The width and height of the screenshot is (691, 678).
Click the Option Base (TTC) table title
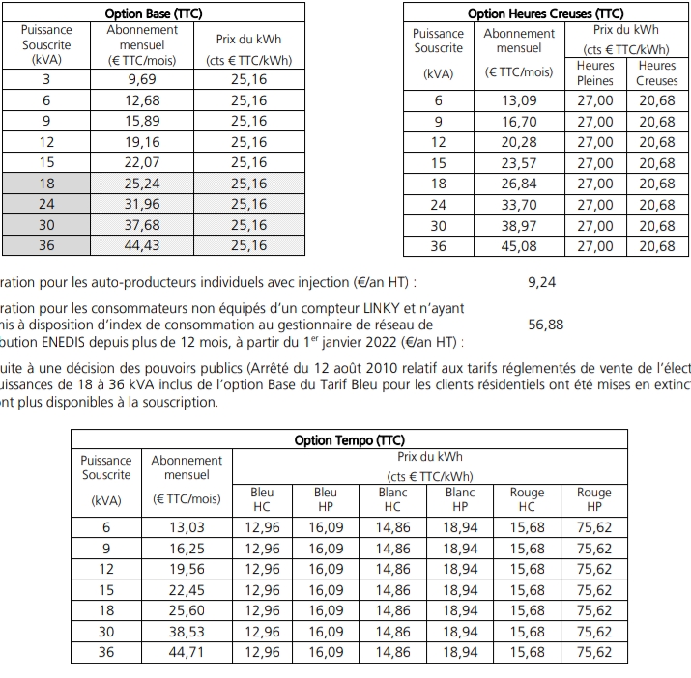(158, 14)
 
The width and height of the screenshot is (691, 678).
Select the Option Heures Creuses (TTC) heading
(545, 14)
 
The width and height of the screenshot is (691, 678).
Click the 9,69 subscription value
(142, 79)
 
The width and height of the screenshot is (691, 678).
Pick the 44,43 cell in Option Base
(142, 245)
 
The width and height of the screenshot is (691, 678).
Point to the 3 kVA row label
(46, 79)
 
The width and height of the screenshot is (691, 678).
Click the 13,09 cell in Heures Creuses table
(519, 100)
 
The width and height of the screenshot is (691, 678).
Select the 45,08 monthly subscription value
(519, 246)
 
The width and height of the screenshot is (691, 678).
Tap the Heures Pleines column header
(595, 73)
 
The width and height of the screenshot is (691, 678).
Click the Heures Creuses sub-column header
(657, 73)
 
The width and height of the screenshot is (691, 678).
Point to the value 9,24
(542, 282)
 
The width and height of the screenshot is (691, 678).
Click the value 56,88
(546, 325)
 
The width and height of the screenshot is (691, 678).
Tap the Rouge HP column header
(594, 499)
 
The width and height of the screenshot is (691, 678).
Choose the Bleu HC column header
(262, 499)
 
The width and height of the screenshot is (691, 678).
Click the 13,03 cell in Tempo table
(187, 527)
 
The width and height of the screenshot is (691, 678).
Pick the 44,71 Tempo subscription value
(187, 652)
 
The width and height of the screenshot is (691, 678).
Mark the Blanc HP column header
(460, 499)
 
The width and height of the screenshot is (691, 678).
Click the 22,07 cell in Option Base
(142, 162)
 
